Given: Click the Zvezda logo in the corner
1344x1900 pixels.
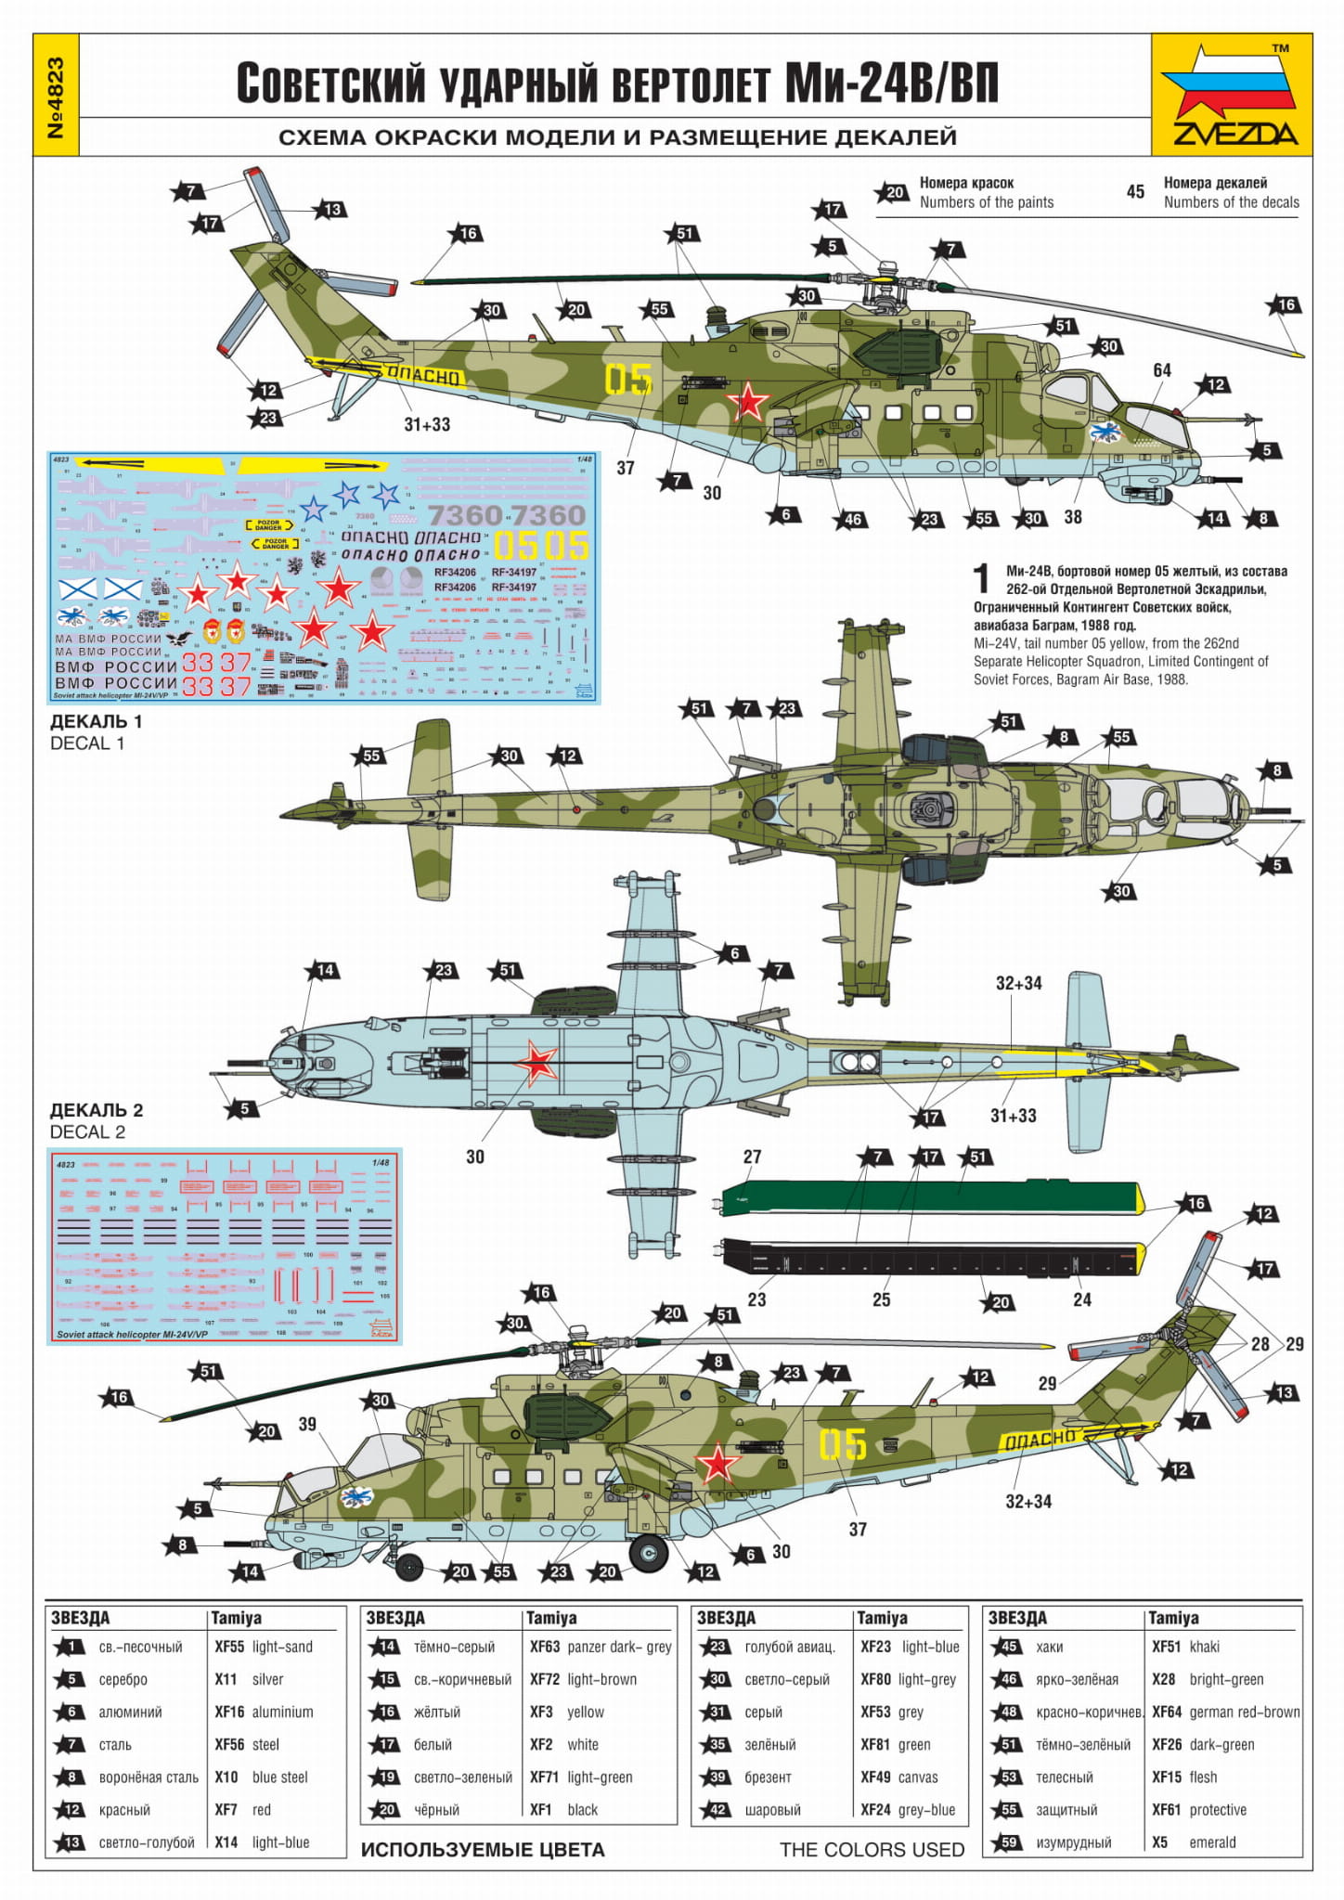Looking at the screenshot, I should tap(1232, 97).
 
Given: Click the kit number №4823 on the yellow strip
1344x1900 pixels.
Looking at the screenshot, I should tap(56, 97).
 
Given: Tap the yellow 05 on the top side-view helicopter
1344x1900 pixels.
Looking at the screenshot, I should tap(628, 379).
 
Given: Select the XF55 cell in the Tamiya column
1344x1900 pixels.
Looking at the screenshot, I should tap(229, 1647).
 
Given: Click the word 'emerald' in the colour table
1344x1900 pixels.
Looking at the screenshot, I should tap(1212, 1842).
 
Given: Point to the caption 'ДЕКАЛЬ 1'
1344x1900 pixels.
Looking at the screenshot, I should tap(96, 721).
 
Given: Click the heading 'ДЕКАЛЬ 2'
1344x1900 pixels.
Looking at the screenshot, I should tap(96, 1110).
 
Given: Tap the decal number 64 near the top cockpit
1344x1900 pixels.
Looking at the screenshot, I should tap(1162, 370).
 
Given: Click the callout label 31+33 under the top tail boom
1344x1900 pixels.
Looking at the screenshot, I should tap(427, 424).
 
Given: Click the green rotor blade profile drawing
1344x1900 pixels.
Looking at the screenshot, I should tap(928, 1198).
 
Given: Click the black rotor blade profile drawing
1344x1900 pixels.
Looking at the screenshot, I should tap(928, 1260).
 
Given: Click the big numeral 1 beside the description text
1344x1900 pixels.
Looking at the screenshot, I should tap(982, 579).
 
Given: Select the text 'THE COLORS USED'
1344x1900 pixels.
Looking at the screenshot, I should tap(872, 1850).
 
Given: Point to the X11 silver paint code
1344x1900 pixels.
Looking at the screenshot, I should tap(226, 1679).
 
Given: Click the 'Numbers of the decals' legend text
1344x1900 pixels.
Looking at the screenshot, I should tap(1231, 202).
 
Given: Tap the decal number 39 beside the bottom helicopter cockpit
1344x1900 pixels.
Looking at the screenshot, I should tap(307, 1424).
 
